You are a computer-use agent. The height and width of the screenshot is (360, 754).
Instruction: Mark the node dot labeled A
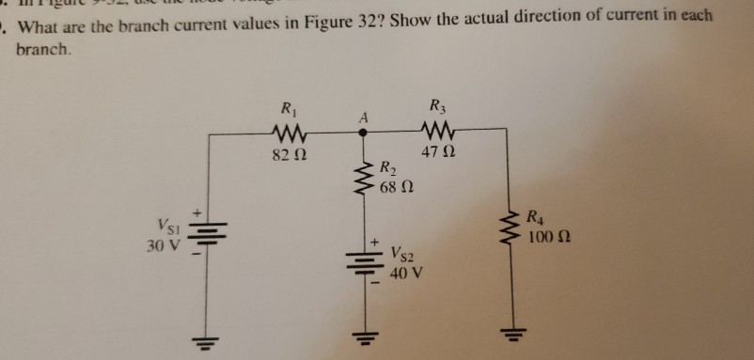pos(361,133)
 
